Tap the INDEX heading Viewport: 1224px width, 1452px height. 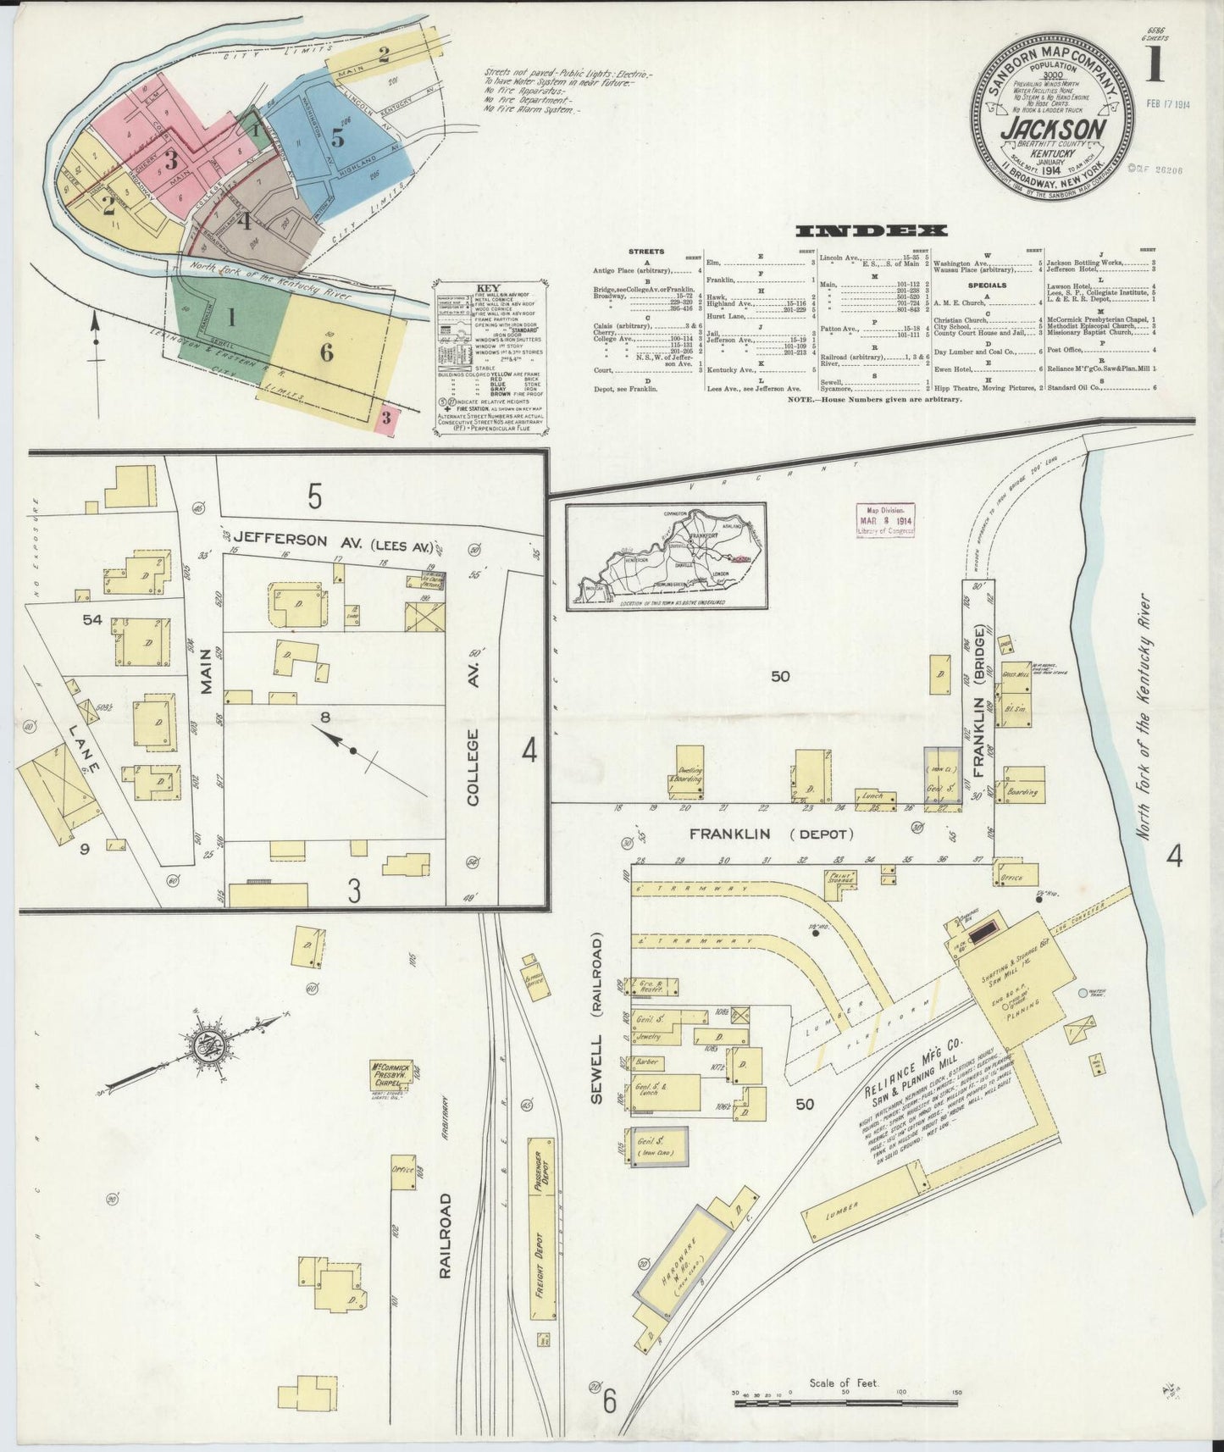click(x=871, y=231)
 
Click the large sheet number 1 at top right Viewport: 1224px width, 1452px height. click(x=1153, y=65)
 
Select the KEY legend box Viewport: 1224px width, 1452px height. click(x=489, y=356)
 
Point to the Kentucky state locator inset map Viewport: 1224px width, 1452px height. click(x=666, y=556)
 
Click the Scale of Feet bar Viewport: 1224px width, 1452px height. click(x=846, y=1404)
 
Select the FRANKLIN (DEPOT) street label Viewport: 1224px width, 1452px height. click(x=771, y=834)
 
